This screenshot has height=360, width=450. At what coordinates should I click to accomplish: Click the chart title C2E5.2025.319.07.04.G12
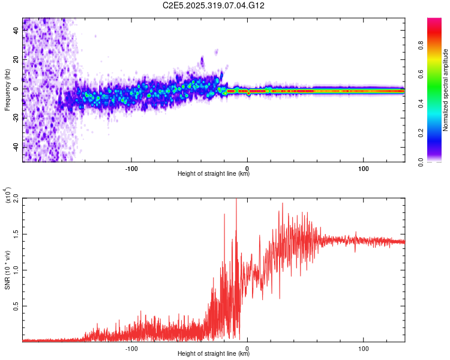pos(214,6)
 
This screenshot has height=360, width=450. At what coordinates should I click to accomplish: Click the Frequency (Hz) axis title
pos(7,90)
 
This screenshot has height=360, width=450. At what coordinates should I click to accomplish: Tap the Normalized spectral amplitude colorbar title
pos(446,90)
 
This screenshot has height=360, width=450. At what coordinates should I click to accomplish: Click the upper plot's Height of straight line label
pos(214,174)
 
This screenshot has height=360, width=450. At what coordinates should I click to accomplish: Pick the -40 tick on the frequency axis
pos(14,148)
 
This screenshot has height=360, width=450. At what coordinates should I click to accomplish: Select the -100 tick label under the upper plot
pos(131,167)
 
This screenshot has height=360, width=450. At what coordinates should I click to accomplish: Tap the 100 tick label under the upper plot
pos(364,167)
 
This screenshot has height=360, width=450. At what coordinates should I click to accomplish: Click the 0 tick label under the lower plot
pos(248,347)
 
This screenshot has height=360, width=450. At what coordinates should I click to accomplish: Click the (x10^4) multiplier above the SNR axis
pos(7,196)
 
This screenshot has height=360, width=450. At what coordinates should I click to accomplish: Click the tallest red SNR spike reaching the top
pos(236,200)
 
